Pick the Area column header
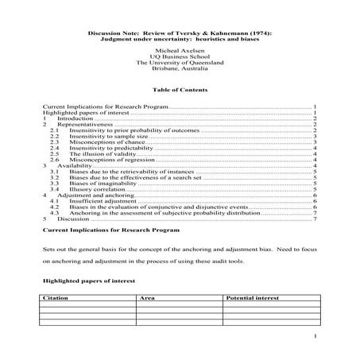[146, 298]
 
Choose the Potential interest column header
[252, 298]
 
